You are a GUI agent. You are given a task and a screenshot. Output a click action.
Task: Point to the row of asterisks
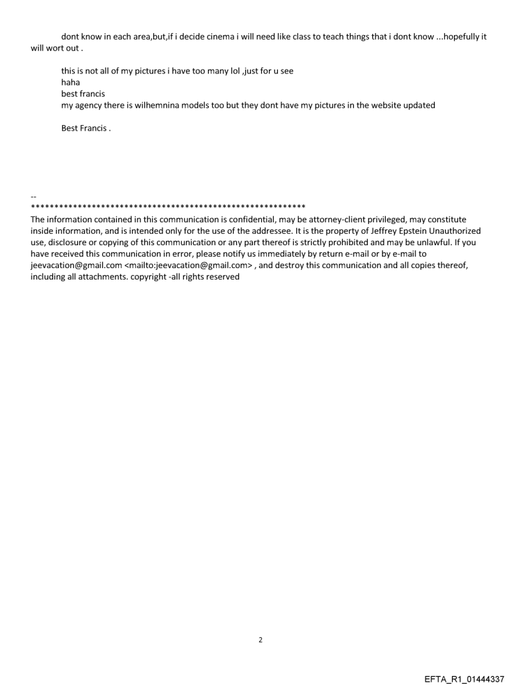168,207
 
